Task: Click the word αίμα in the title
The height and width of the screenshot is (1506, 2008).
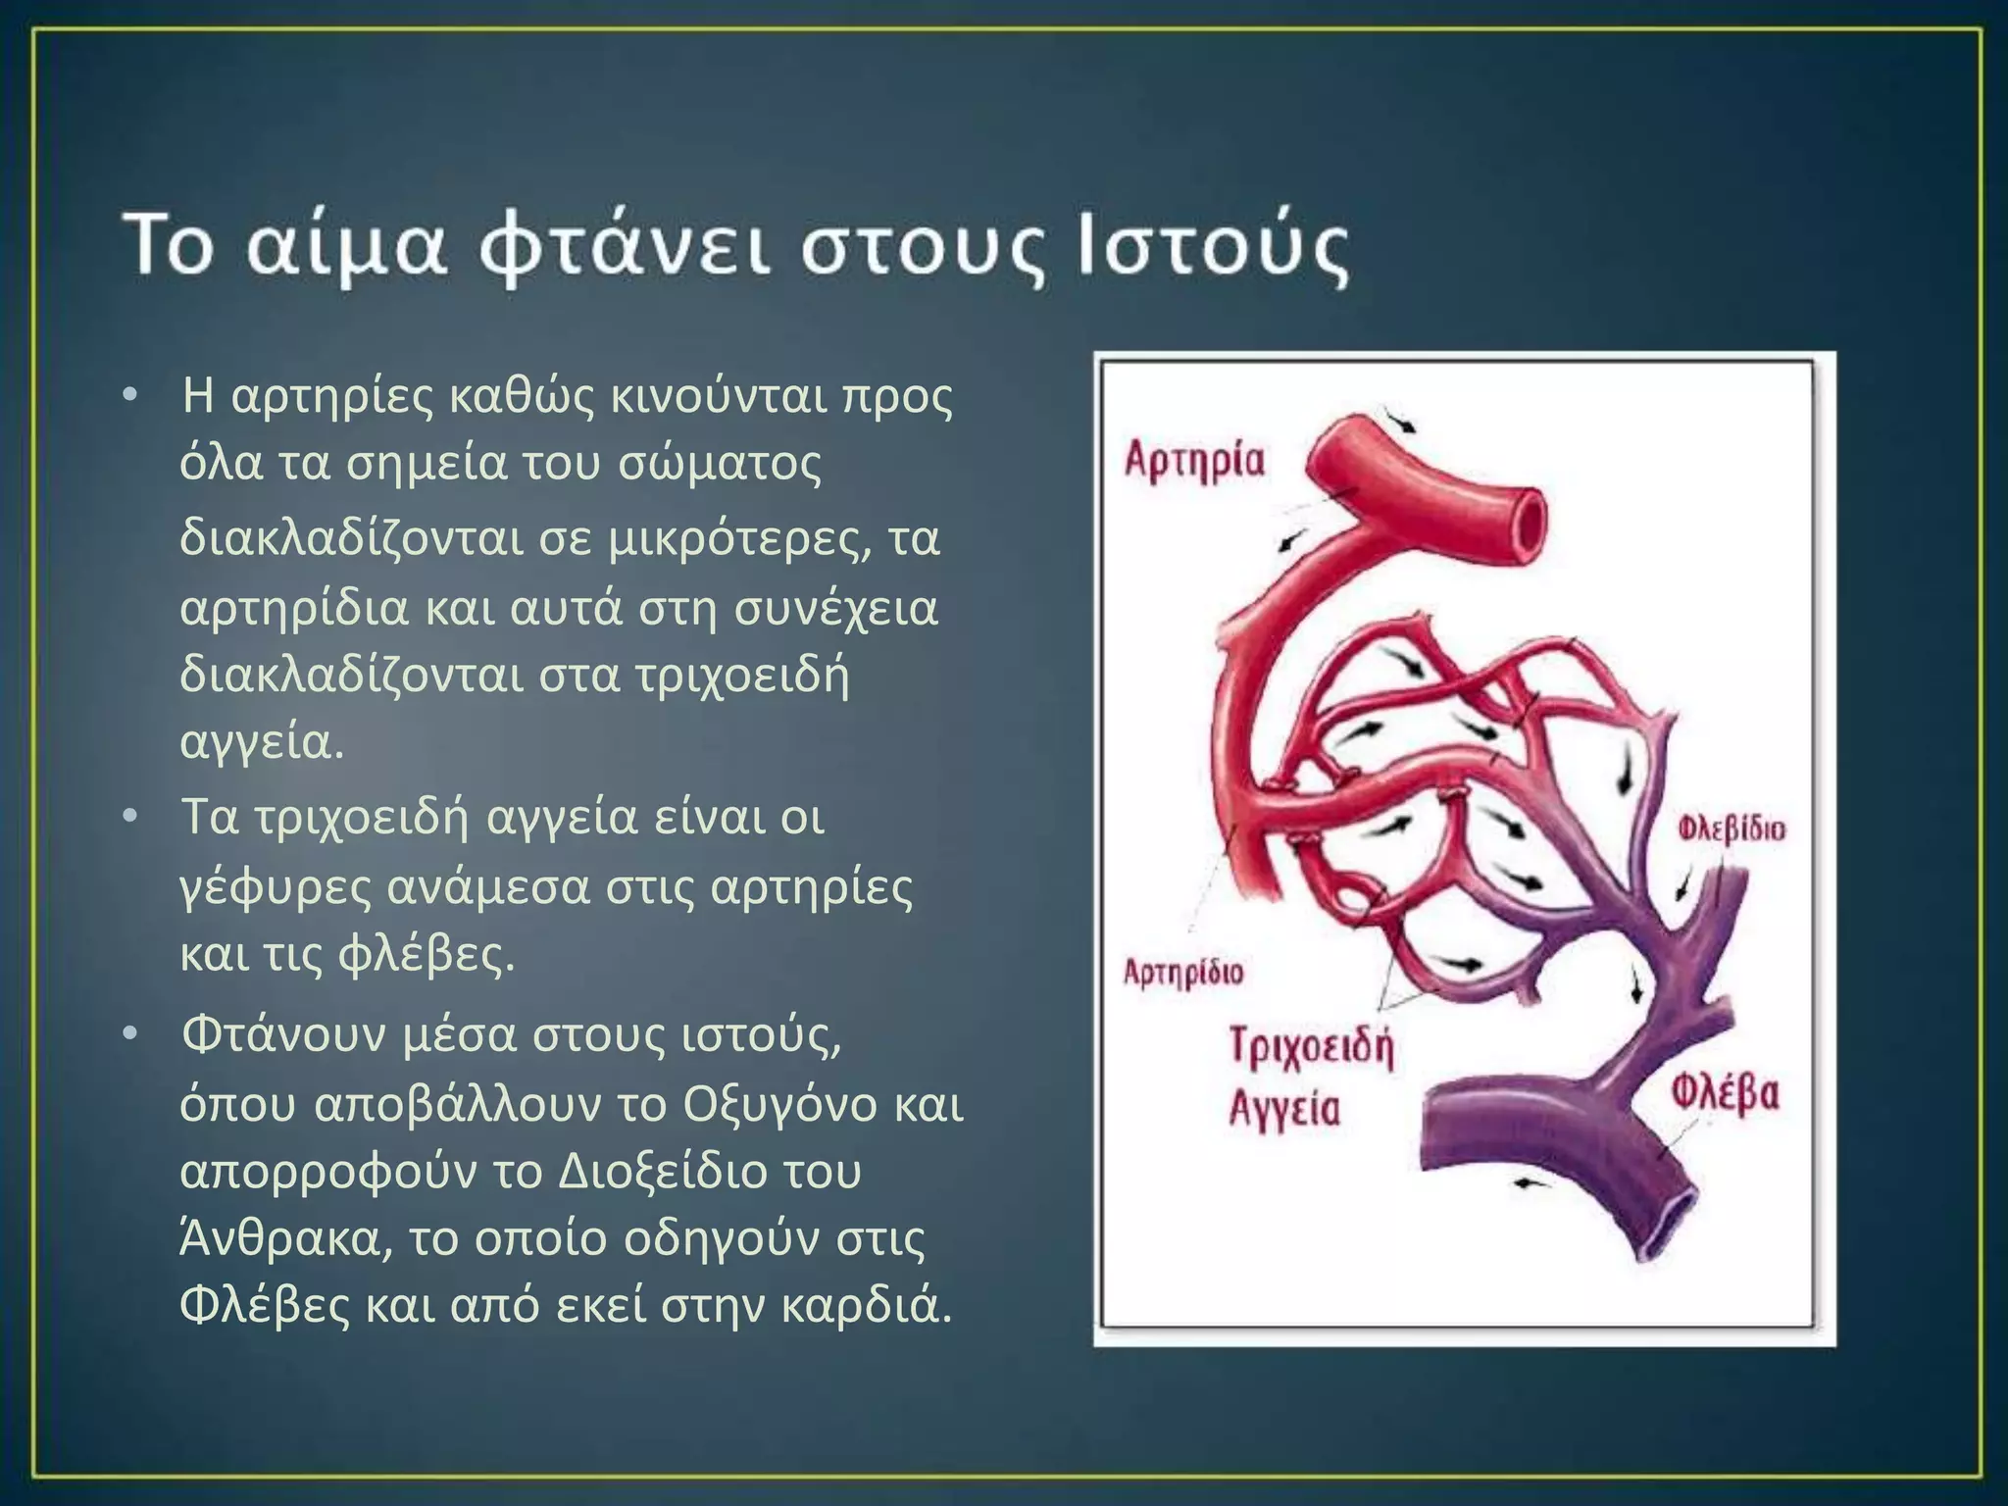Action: [347, 246]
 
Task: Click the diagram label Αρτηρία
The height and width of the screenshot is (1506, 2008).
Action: [1194, 462]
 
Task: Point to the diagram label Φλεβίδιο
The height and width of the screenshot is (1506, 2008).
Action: [1731, 828]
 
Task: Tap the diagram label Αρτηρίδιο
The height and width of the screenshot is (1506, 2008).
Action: [1182, 973]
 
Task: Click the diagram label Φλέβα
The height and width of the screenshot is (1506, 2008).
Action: [1725, 1094]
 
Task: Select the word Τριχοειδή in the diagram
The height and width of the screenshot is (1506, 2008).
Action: [1311, 1048]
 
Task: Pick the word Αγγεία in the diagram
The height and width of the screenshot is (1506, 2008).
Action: [1284, 1109]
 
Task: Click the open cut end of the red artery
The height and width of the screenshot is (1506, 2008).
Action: [1518, 526]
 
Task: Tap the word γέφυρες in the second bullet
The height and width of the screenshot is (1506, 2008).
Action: [276, 887]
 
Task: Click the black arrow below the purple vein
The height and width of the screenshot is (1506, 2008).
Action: [1532, 1183]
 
